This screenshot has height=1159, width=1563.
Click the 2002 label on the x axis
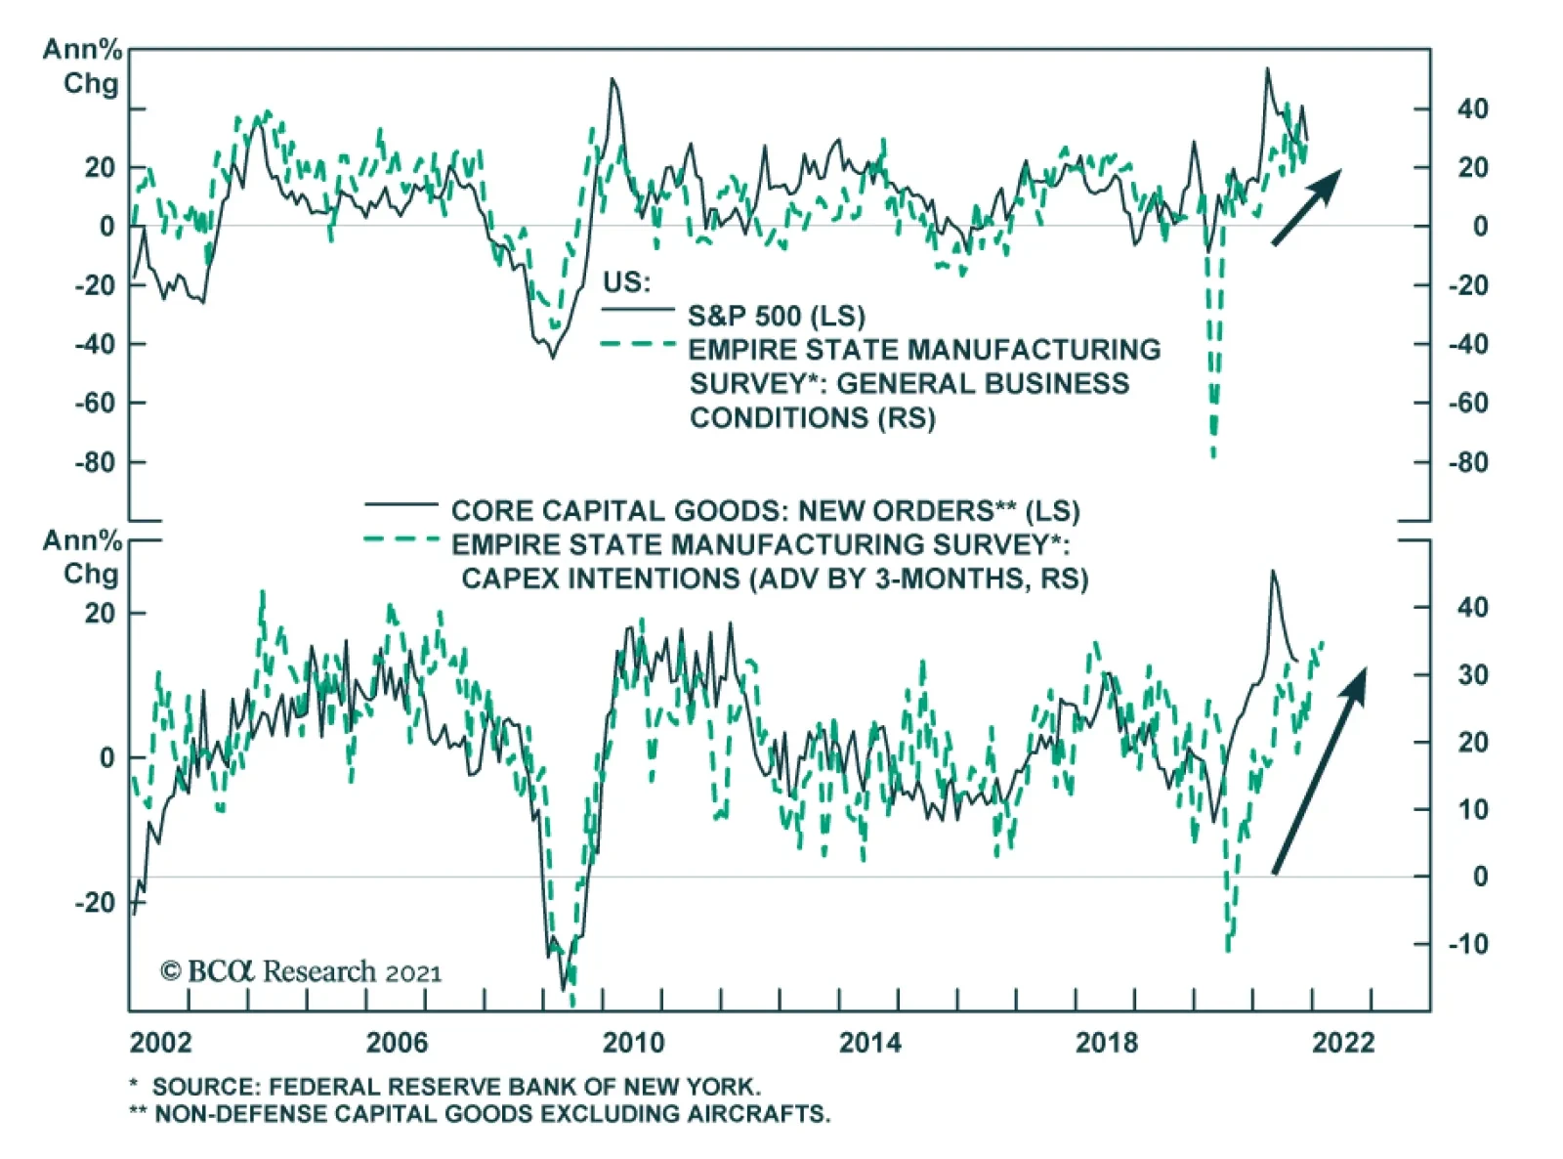161,1043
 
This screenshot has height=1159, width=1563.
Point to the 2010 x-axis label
633,1043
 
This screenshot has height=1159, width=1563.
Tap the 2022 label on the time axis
1343,1043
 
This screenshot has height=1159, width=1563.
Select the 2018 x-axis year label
1107,1043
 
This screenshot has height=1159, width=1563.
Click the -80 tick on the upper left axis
95,462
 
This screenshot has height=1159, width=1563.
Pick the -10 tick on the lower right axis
1467,944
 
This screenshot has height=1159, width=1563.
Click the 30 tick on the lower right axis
1472,675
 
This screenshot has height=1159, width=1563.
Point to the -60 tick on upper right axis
1467,404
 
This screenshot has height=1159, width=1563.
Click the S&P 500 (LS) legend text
777,316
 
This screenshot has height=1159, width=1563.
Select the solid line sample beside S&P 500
638,310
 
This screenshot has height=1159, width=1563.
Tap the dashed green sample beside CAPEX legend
401,539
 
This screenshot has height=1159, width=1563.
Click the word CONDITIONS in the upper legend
779,418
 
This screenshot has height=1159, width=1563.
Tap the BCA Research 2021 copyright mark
301,971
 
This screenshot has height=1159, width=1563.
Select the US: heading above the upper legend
626,282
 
